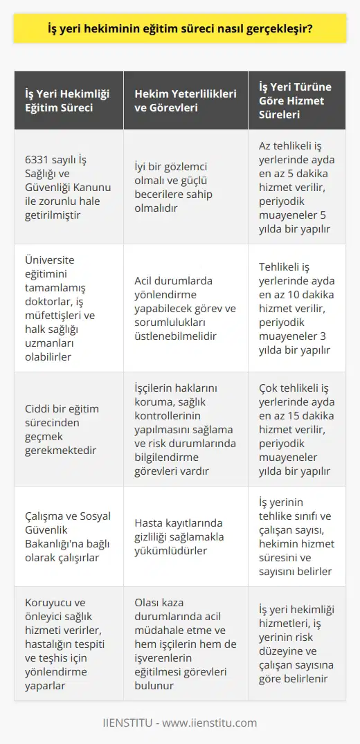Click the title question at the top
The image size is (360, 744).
(x=179, y=30)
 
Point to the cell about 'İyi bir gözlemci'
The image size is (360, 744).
(x=186, y=186)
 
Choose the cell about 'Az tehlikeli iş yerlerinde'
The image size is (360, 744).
(x=299, y=186)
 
